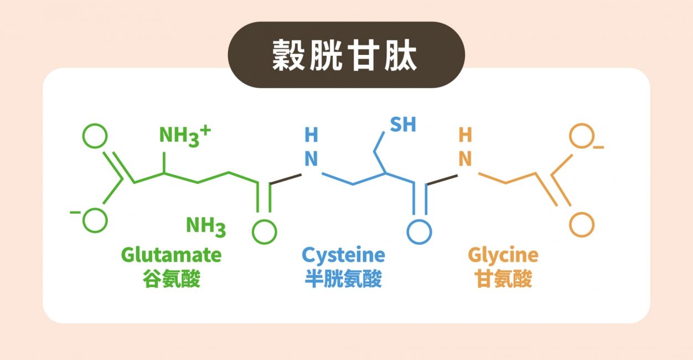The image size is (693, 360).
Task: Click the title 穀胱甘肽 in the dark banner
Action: [x=345, y=55]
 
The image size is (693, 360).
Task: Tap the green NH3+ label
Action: [x=185, y=136]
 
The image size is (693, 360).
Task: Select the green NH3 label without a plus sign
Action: [x=206, y=227]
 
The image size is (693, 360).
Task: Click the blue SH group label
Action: [x=403, y=124]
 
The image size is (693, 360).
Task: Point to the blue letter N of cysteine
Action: [x=311, y=159]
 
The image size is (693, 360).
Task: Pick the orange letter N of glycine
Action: [x=465, y=159]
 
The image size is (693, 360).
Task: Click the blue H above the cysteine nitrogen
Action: [x=311, y=135]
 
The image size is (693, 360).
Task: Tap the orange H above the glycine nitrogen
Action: [x=465, y=135]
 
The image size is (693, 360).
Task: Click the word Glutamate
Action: [x=172, y=255]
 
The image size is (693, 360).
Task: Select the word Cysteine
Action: [x=343, y=256]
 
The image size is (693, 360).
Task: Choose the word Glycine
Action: [x=503, y=256]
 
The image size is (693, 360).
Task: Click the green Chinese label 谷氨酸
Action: [x=172, y=279]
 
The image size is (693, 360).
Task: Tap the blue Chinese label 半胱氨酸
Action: [x=343, y=279]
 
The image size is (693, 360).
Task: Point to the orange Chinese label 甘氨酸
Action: [x=503, y=279]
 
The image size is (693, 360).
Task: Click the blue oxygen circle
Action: [x=419, y=232]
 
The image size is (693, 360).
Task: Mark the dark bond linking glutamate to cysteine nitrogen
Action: [x=286, y=179]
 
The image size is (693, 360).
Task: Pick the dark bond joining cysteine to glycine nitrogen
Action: [x=442, y=180]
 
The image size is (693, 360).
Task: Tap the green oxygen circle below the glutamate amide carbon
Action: [x=265, y=232]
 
